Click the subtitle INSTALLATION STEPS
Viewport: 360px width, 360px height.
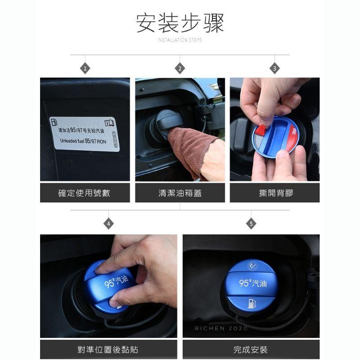(180, 40)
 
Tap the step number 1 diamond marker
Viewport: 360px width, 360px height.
(85, 68)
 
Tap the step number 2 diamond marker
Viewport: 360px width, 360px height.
(180, 68)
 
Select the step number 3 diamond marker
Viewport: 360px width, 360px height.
(275, 68)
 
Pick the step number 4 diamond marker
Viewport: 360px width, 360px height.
(108, 224)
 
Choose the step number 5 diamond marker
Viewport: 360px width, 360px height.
(251, 224)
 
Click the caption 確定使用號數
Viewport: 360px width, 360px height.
(85, 193)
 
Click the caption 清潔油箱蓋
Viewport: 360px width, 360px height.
(180, 193)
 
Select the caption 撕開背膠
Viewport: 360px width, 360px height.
(275, 193)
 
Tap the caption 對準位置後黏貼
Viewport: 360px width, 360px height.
(108, 350)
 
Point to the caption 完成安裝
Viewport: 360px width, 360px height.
(251, 350)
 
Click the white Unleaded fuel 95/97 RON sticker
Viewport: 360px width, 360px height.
(85, 134)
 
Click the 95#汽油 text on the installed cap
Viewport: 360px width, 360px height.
(252, 283)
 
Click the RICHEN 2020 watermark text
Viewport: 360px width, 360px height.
(221, 328)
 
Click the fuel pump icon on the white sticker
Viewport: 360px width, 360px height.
(54, 122)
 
